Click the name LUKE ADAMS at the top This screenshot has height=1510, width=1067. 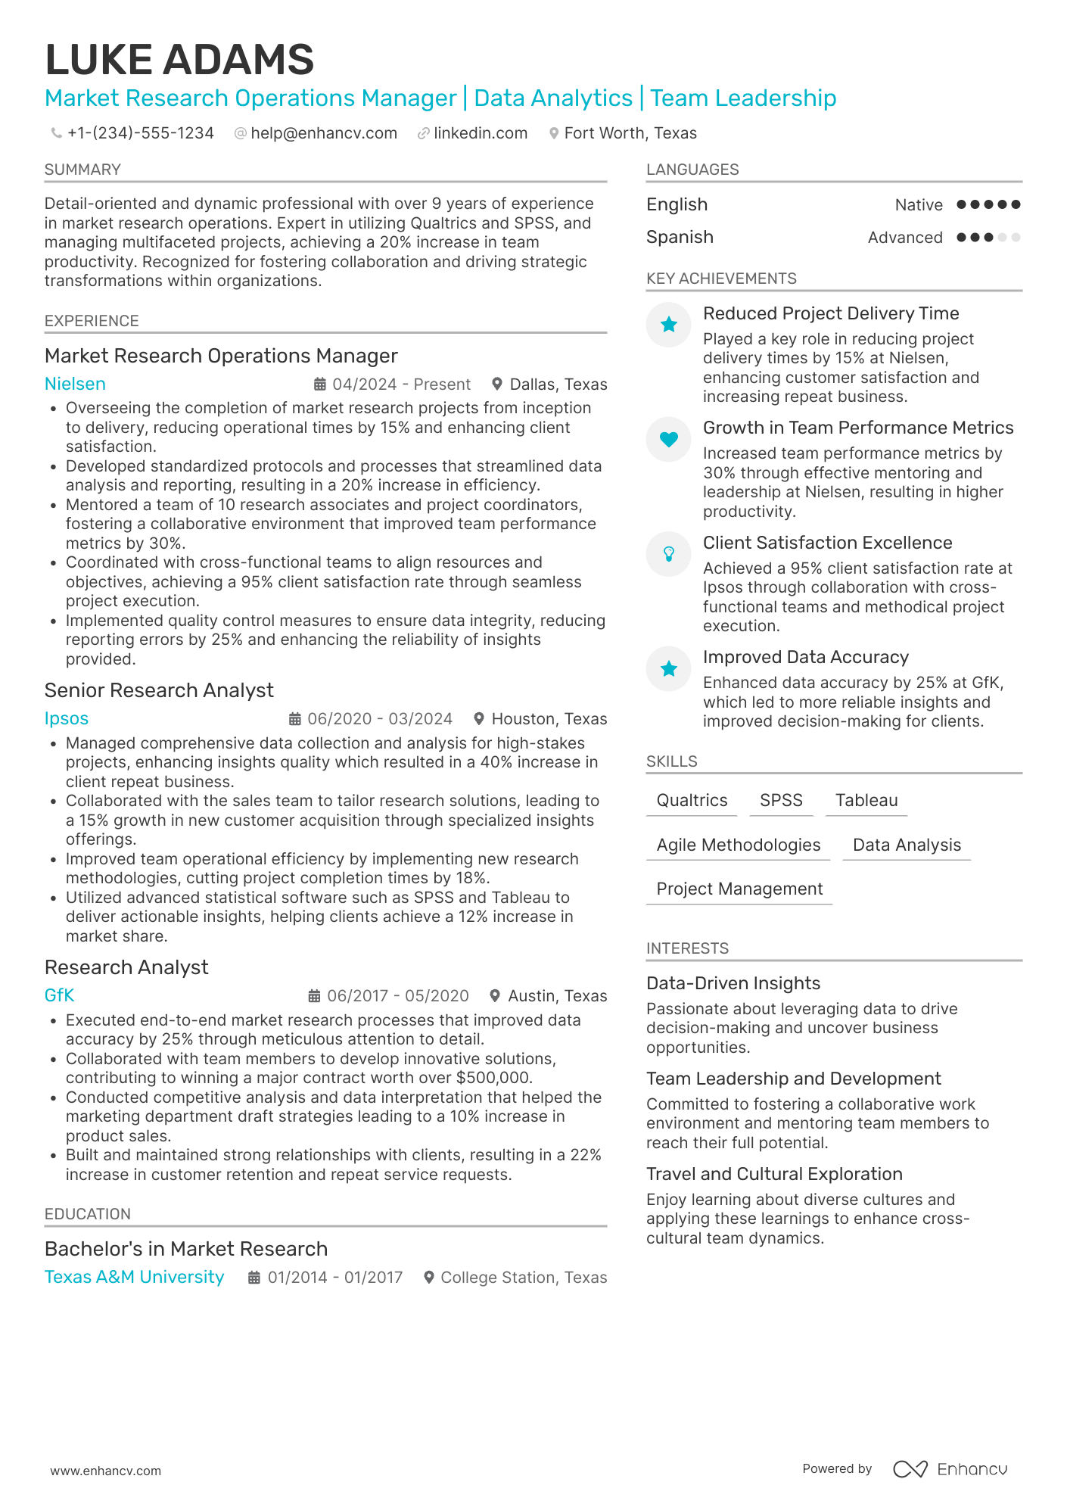click(179, 60)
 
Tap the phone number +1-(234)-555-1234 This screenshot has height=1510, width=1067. click(140, 133)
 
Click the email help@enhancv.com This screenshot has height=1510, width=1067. click(323, 133)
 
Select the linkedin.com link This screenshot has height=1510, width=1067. click(480, 133)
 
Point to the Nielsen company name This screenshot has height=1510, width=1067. click(75, 384)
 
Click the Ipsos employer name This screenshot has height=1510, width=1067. click(67, 718)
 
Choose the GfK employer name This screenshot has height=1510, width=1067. click(59, 995)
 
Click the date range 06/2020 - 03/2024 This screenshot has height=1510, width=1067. click(379, 719)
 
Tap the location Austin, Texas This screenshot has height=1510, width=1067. click(557, 996)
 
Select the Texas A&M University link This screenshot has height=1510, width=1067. click(134, 1277)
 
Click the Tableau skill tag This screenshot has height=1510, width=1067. click(866, 801)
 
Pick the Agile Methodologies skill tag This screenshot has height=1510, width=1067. click(738, 845)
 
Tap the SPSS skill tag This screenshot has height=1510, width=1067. click(781, 801)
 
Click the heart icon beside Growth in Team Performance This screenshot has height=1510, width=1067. click(668, 439)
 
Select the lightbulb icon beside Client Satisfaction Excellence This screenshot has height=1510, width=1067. click(668, 554)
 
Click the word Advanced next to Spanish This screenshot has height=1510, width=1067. click(904, 238)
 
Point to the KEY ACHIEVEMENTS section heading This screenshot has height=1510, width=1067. click(720, 279)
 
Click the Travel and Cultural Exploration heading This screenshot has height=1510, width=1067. click(773, 1174)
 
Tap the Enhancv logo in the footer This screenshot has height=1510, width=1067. click(950, 1469)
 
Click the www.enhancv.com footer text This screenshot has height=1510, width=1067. click(105, 1471)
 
